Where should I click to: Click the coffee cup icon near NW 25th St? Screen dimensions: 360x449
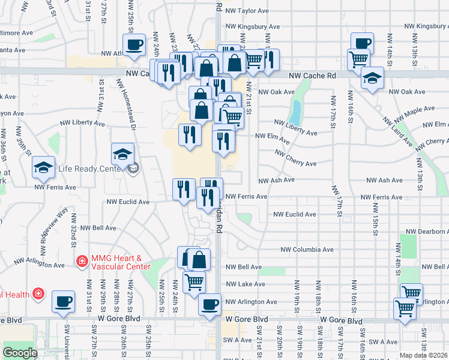(x=134, y=44)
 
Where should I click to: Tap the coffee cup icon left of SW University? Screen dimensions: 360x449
(x=63, y=302)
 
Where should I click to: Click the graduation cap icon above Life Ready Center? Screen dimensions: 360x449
(x=122, y=154)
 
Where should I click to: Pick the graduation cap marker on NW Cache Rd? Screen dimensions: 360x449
(x=372, y=79)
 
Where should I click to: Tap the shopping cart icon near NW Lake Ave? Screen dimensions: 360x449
(x=194, y=281)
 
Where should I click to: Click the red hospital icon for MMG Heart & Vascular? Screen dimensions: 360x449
(x=82, y=261)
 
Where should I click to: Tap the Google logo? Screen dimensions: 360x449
(x=20, y=353)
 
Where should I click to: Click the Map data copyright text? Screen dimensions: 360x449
(x=423, y=355)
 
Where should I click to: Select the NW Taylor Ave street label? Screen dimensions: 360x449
(x=246, y=11)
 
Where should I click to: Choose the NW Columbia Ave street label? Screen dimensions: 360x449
(x=307, y=250)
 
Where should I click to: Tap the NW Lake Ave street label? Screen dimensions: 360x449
(x=246, y=284)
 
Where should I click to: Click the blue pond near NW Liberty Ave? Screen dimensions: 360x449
(x=295, y=111)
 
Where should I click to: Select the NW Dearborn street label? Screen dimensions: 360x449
(x=427, y=232)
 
